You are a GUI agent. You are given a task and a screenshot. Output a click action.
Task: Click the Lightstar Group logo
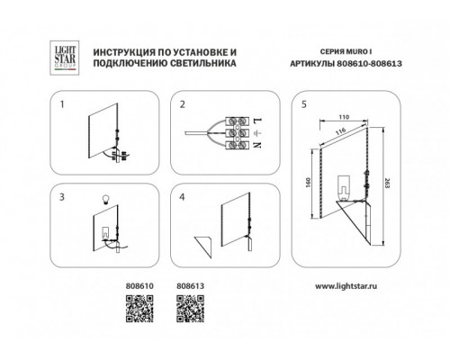pyautogui.click(x=64, y=58)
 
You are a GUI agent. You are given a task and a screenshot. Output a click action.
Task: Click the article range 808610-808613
pyautogui.click(x=370, y=64)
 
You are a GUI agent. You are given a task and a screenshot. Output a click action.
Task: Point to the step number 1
pyautogui.click(x=62, y=104)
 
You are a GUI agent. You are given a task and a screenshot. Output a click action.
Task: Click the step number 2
pyautogui.click(x=183, y=104)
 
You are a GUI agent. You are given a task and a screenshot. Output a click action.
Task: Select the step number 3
pyautogui.click(x=62, y=197)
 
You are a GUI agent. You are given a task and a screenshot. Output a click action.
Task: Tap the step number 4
pyautogui.click(x=182, y=197)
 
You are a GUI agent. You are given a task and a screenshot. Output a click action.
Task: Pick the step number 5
pyautogui.click(x=304, y=104)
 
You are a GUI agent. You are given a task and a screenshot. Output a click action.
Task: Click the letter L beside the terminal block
pyautogui.click(x=257, y=121)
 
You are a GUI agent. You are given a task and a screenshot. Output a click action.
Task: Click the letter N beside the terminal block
pyautogui.click(x=257, y=145)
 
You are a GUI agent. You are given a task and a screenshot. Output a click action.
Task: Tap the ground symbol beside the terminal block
pyautogui.click(x=257, y=133)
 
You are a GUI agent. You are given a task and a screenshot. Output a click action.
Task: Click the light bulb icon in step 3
pyautogui.click(x=105, y=199)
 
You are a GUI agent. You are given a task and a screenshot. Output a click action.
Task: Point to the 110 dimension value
pyautogui.click(x=344, y=117)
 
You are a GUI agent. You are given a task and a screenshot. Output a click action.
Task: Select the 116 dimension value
pyautogui.click(x=340, y=131)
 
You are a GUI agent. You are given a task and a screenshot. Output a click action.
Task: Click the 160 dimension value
pyautogui.click(x=309, y=183)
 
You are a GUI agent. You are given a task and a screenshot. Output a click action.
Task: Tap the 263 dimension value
pyautogui.click(x=387, y=183)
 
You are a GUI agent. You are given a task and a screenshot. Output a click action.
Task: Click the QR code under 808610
pyautogui.click(x=139, y=309)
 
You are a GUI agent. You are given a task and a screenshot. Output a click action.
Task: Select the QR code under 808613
pyautogui.click(x=190, y=309)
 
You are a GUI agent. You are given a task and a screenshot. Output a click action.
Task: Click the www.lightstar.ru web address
pyautogui.click(x=346, y=286)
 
